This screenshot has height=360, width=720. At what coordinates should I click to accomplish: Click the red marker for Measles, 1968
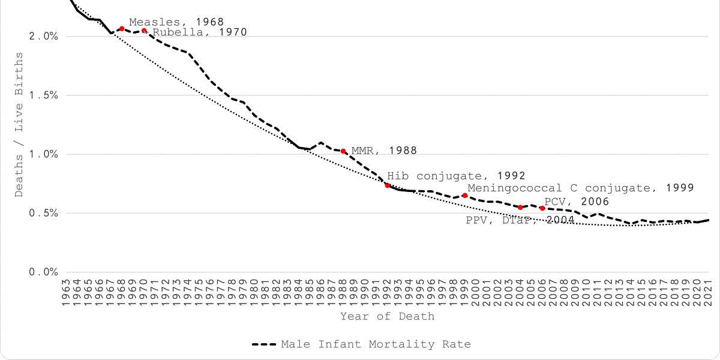pos(122,29)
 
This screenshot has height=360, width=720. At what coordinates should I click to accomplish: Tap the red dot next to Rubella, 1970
pos(144,31)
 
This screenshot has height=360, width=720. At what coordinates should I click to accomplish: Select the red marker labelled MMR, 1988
pos(343,151)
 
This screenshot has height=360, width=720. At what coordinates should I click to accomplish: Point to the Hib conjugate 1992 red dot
pos(388,185)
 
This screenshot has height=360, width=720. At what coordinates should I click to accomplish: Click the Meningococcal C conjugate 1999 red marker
pos(464,196)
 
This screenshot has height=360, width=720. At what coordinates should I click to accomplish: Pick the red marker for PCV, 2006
pos(542,208)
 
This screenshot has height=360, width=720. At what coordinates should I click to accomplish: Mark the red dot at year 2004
pos(520,207)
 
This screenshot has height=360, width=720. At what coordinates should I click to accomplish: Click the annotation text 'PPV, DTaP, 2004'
pos(520,220)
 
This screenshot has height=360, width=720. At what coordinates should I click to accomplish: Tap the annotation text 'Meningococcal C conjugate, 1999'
pos(580,188)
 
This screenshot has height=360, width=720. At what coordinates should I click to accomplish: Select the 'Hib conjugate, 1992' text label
pos(456,176)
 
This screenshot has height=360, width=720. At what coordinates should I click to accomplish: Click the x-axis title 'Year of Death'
pos(387,316)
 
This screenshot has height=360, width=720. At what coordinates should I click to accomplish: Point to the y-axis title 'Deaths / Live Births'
pos(19,124)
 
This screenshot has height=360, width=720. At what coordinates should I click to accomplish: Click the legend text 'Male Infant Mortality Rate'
pos(376,344)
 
